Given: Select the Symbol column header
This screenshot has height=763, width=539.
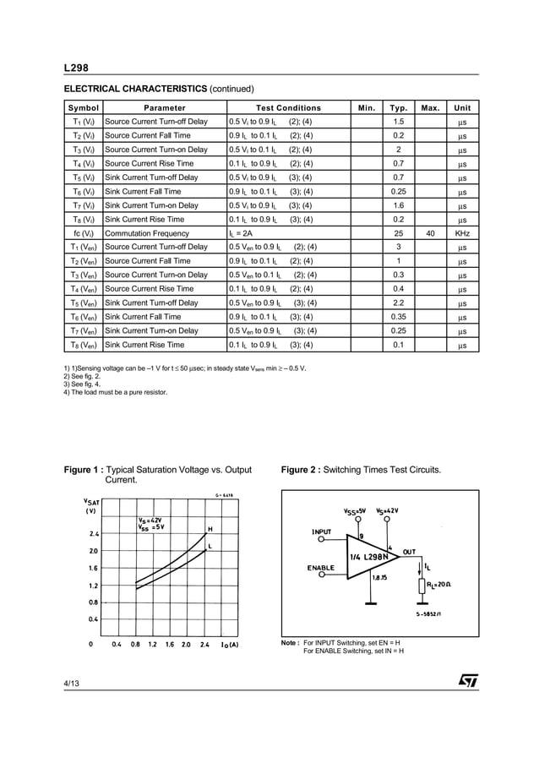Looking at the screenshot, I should point(83,108).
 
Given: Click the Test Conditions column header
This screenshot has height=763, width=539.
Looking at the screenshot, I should point(288,108).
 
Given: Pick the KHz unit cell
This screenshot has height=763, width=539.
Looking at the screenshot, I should point(462,233).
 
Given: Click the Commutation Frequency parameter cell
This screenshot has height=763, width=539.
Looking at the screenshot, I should point(147,233).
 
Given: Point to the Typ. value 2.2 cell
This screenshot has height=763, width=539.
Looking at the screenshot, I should point(398,302).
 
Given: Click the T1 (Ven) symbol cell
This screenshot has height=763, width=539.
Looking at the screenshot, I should point(83,247).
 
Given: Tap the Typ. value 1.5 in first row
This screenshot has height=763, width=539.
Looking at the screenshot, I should point(398,122).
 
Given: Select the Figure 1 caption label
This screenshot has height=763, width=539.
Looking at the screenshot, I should point(84,470).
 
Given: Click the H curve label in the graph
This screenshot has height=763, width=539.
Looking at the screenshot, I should point(210,529).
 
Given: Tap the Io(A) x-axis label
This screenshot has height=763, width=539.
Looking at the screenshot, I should point(229,645).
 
